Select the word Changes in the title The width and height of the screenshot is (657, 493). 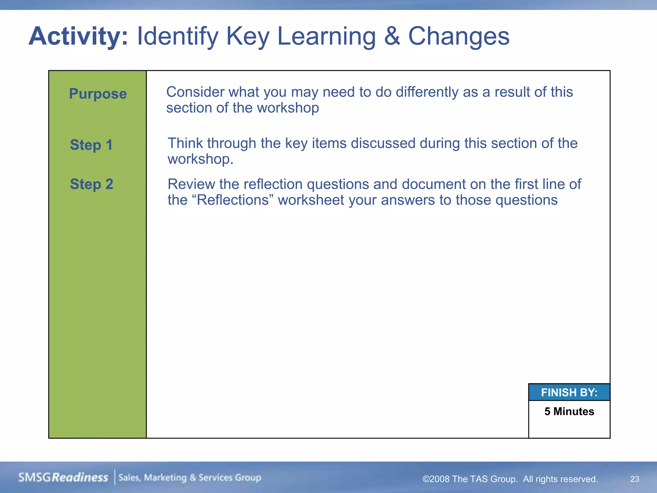[458, 36]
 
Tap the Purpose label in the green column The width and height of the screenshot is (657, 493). [98, 94]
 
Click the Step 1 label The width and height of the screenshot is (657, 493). [91, 145]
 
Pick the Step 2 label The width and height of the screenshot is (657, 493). [92, 184]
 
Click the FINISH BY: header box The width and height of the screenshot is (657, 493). [569, 393]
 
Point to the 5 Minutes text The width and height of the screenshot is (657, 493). [569, 411]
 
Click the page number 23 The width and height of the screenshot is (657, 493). [635, 479]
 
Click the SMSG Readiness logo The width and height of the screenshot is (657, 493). [63, 478]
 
